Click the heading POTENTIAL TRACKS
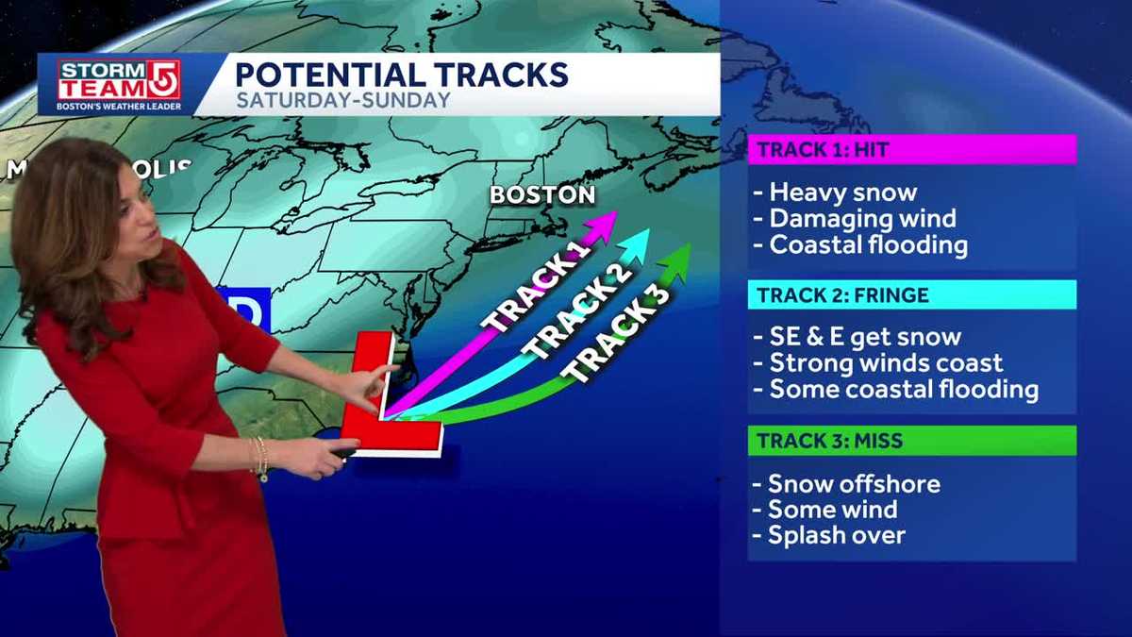pyautogui.click(x=401, y=75)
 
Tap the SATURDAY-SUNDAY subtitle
pyautogui.click(x=342, y=100)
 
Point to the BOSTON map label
pyautogui.click(x=541, y=195)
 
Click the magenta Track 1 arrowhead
pyautogui.click(x=605, y=222)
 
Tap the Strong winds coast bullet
pyautogui.click(x=886, y=363)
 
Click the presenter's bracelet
pyautogui.click(x=259, y=456)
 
